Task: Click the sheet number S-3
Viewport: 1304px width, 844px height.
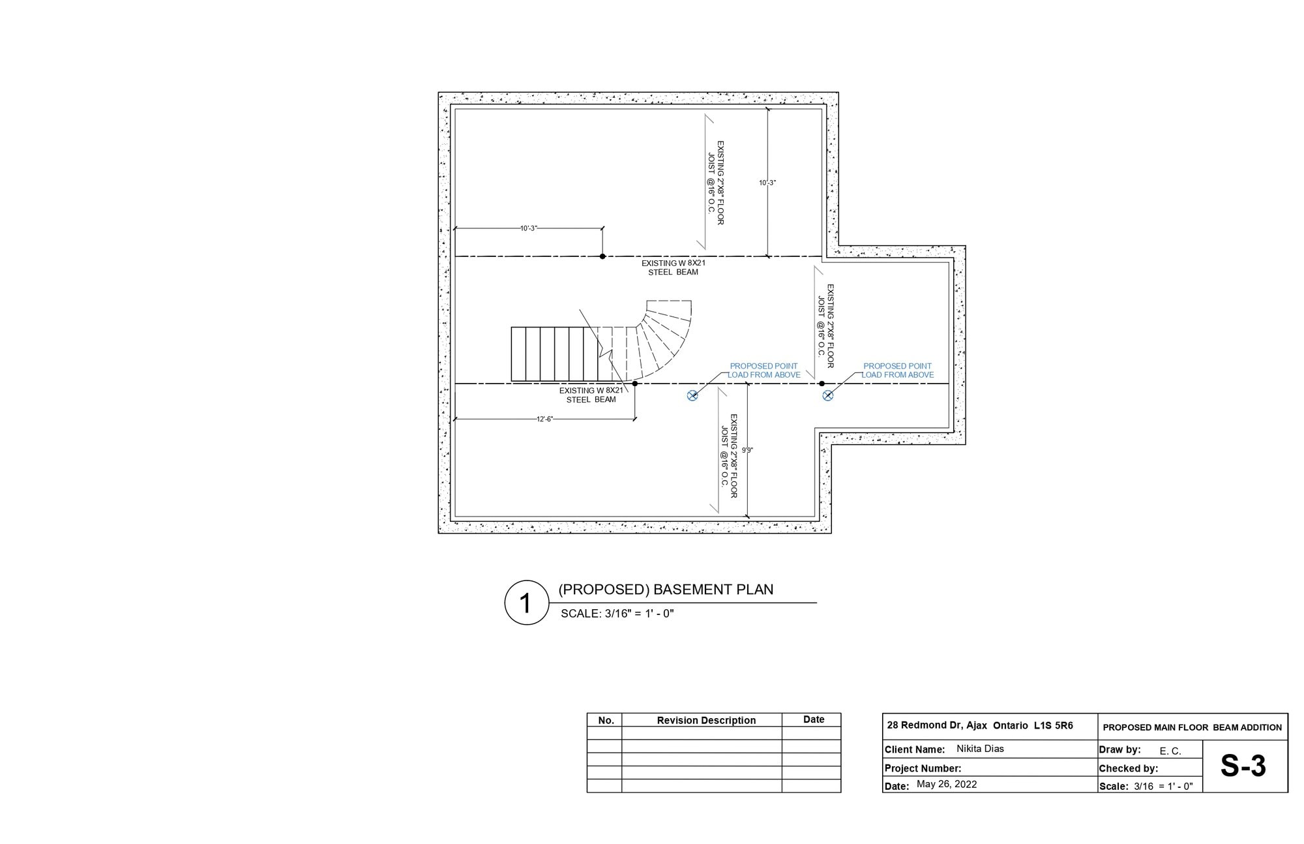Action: coord(1243,766)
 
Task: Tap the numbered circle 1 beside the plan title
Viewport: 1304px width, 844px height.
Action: coord(526,603)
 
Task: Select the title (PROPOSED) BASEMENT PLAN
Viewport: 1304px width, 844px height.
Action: coord(666,590)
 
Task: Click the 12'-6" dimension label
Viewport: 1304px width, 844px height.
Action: coord(545,419)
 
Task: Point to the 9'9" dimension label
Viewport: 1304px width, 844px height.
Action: coord(747,450)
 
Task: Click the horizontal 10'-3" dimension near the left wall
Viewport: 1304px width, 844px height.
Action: coord(529,228)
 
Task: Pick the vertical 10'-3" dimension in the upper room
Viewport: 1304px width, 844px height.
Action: coord(767,183)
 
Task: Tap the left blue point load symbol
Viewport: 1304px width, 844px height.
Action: coord(692,395)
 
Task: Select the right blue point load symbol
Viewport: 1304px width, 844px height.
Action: coord(827,395)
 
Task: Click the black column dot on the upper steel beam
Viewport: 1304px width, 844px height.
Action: coord(602,256)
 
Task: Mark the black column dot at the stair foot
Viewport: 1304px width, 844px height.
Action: coord(635,384)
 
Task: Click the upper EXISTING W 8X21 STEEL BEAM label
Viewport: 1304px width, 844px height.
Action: coord(674,267)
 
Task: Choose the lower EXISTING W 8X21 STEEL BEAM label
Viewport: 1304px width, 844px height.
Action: coord(591,395)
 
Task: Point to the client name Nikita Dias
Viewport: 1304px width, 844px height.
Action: coord(980,749)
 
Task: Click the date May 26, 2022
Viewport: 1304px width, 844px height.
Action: coord(947,784)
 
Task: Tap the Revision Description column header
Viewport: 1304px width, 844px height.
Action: coord(706,720)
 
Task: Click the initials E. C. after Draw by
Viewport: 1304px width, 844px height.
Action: coord(1170,751)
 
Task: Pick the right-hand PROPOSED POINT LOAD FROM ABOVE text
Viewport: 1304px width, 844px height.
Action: coord(898,370)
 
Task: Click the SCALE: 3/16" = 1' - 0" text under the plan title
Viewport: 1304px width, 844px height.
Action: coord(617,613)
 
